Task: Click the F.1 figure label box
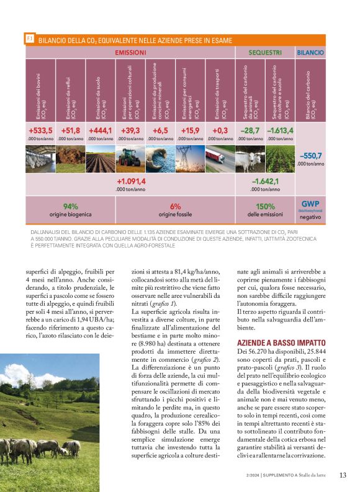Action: (x=29, y=39)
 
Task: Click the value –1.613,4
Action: (x=280, y=130)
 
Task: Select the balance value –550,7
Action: (x=310, y=155)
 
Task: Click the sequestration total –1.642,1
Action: (x=265, y=181)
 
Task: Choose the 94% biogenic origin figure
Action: (x=70, y=206)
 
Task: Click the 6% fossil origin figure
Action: (x=175, y=206)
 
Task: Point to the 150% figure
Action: (x=265, y=206)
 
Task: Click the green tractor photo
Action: (x=130, y=159)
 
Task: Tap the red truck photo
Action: (x=220, y=159)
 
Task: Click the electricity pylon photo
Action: (x=190, y=159)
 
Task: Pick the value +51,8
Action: (x=70, y=130)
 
